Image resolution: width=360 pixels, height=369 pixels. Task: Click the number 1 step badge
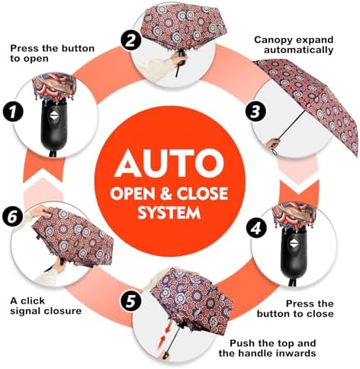[13, 112]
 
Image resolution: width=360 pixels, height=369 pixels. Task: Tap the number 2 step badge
[131, 40]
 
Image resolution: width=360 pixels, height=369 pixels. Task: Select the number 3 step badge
[256, 112]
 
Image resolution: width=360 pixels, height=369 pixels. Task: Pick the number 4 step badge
[256, 228]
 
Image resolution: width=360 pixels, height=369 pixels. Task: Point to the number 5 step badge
[131, 302]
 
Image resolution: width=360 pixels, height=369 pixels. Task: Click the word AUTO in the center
[169, 163]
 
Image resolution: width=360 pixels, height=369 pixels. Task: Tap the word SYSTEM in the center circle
[169, 213]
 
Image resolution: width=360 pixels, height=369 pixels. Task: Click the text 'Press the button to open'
[52, 53]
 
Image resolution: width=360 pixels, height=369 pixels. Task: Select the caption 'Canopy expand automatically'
[294, 45]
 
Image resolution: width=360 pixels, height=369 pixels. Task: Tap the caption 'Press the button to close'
[295, 309]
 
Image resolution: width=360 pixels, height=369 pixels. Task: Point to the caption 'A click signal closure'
[46, 306]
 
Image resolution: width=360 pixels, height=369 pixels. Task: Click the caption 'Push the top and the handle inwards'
[267, 348]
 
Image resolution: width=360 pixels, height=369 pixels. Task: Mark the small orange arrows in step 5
[165, 334]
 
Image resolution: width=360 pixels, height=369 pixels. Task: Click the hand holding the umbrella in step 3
[273, 143]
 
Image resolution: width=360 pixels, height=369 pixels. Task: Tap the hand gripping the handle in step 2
[179, 59]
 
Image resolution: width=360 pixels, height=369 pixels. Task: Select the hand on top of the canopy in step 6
[40, 212]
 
